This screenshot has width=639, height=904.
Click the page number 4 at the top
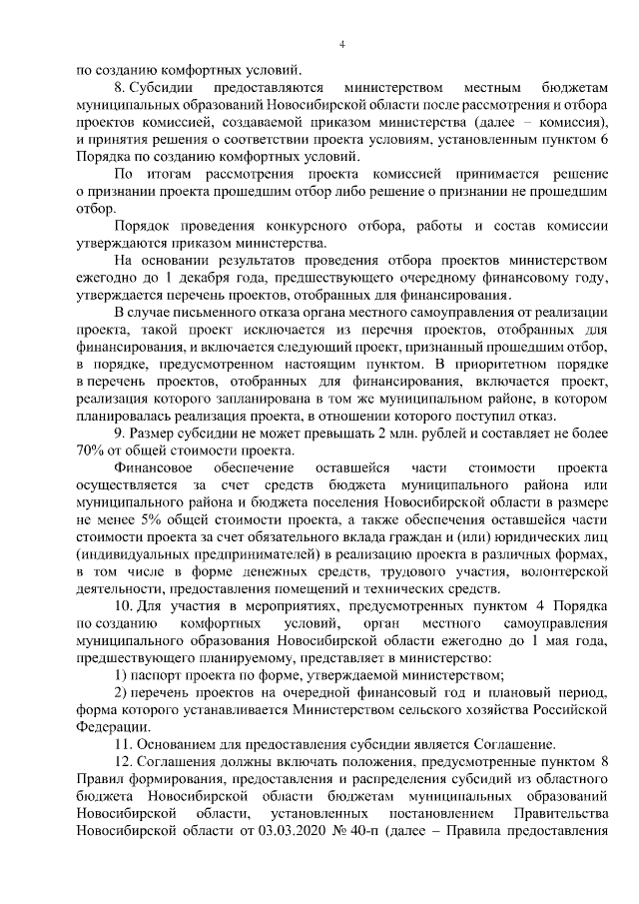click(341, 45)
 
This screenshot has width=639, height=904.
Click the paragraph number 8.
click(120, 89)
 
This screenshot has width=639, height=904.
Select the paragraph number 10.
click(124, 609)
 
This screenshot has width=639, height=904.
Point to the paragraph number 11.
click(124, 744)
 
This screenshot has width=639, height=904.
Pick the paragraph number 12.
click(124, 763)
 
